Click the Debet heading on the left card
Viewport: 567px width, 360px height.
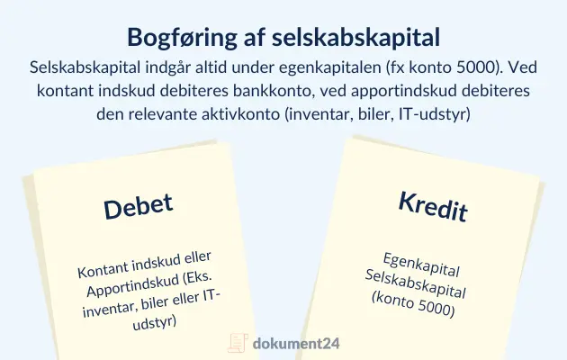click(137, 205)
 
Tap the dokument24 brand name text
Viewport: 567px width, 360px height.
click(297, 343)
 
